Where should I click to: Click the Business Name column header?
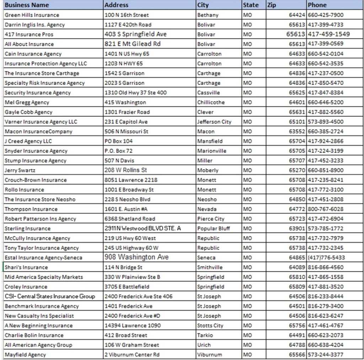27,5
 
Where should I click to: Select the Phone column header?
317,5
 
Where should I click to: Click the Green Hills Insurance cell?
32,15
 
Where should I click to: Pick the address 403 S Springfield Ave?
135,34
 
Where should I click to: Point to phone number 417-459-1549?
329,34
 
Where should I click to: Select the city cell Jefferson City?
214,122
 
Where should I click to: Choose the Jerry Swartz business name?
20,170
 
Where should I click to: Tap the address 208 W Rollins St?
125,170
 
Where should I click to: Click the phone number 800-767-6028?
326,209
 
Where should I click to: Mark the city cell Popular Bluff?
214,229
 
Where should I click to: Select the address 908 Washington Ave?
136,257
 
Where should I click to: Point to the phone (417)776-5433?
326,257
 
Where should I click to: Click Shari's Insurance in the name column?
26,267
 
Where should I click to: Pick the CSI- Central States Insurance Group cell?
50,296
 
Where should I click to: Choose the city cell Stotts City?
210,326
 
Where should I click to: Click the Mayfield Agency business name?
25,354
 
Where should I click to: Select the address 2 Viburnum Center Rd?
132,354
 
